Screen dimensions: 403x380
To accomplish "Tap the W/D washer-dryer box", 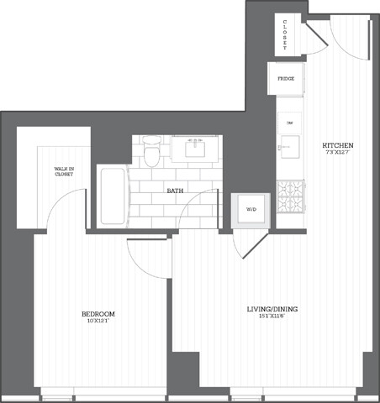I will pyautogui.click(x=251, y=210).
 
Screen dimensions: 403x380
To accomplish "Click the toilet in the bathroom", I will pyautogui.click(x=152, y=152).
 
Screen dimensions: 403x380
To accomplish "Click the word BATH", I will pyautogui.click(x=176, y=191).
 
